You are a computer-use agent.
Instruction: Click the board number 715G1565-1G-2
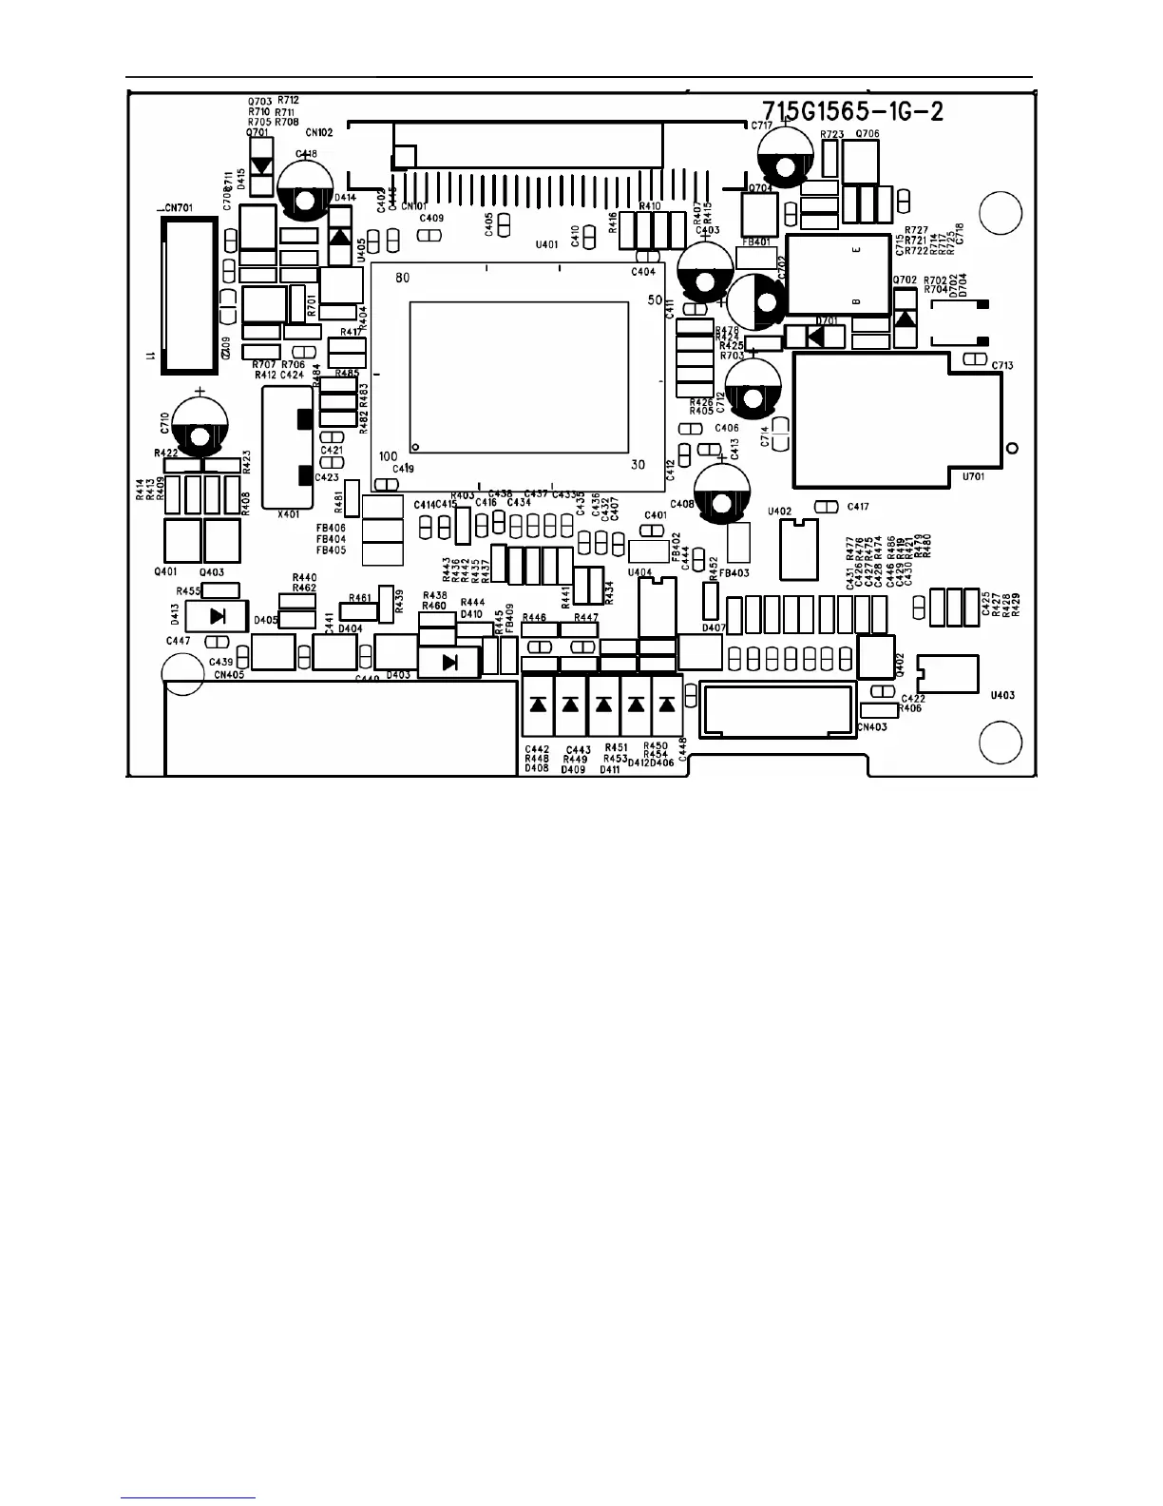[852, 112]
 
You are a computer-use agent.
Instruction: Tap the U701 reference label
[973, 477]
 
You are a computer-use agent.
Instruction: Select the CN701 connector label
[179, 207]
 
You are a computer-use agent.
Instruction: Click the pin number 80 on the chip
[402, 278]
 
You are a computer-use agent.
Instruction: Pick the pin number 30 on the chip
[638, 464]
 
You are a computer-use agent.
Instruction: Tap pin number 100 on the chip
[388, 457]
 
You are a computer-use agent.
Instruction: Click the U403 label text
[1001, 695]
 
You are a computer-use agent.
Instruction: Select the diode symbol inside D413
[218, 615]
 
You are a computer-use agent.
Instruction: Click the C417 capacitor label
[858, 507]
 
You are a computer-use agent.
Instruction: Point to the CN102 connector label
[319, 132]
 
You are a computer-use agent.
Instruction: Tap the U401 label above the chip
[546, 244]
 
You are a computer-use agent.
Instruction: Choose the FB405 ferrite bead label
[331, 550]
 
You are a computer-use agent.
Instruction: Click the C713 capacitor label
[1001, 365]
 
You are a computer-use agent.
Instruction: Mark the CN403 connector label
[871, 727]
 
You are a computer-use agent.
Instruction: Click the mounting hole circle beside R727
[1001, 213]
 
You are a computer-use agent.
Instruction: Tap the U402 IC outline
[798, 550]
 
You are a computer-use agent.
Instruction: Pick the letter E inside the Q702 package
[856, 251]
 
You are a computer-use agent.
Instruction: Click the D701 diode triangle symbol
[812, 336]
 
